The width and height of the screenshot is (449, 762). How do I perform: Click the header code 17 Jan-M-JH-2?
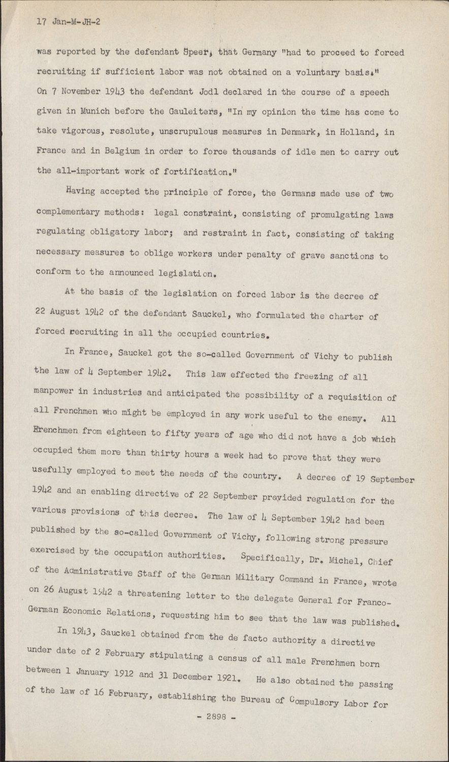(x=68, y=22)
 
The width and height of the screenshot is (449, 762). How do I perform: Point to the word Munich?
(x=97, y=112)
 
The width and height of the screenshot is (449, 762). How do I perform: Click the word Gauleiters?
(x=191, y=112)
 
